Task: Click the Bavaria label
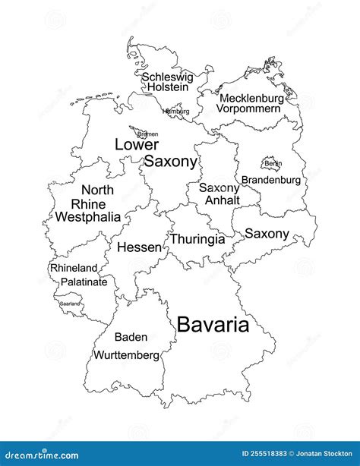pyautogui.click(x=213, y=326)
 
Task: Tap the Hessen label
pyautogui.click(x=139, y=247)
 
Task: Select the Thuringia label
pyautogui.click(x=197, y=239)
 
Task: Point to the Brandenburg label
pyautogui.click(x=271, y=181)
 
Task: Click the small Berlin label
pyautogui.click(x=273, y=163)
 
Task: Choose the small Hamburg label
pyautogui.click(x=176, y=111)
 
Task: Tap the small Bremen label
pyautogui.click(x=147, y=134)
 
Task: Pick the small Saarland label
pyautogui.click(x=70, y=304)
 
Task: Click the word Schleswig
pyautogui.click(x=167, y=77)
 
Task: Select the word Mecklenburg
pyautogui.click(x=251, y=98)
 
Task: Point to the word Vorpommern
pyautogui.click(x=248, y=109)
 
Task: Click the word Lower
pyautogui.click(x=137, y=144)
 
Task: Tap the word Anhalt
pyautogui.click(x=222, y=200)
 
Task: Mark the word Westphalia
pyautogui.click(x=87, y=217)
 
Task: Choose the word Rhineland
pyautogui.click(x=74, y=268)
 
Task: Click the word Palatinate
pyautogui.click(x=84, y=282)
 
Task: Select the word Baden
pyautogui.click(x=131, y=337)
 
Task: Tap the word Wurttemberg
pyautogui.click(x=127, y=354)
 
